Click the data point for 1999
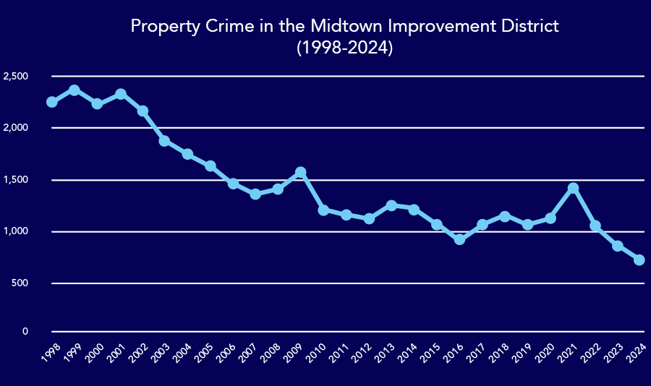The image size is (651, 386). click(74, 90)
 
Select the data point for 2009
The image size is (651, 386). click(300, 173)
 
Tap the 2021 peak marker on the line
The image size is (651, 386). click(573, 189)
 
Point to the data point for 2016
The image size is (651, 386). click(459, 239)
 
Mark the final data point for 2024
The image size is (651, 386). click(639, 260)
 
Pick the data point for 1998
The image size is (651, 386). click(51, 102)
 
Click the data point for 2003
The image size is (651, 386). click(164, 141)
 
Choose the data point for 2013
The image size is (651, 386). click(391, 206)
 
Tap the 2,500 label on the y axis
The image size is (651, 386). click(15, 77)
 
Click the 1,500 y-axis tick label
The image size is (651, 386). click(15, 180)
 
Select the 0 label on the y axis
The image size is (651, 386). click(25, 332)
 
